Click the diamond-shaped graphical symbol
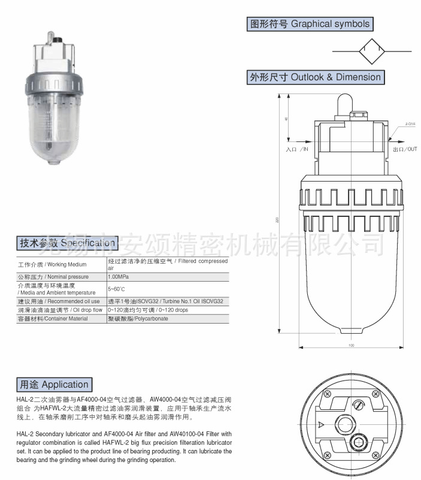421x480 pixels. (375, 51)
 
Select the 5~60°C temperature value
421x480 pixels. (116, 289)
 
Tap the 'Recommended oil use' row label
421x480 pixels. (58, 301)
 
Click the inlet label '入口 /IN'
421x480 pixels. (297, 148)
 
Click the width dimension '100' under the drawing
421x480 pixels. (351, 345)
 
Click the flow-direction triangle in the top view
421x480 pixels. (323, 424)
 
